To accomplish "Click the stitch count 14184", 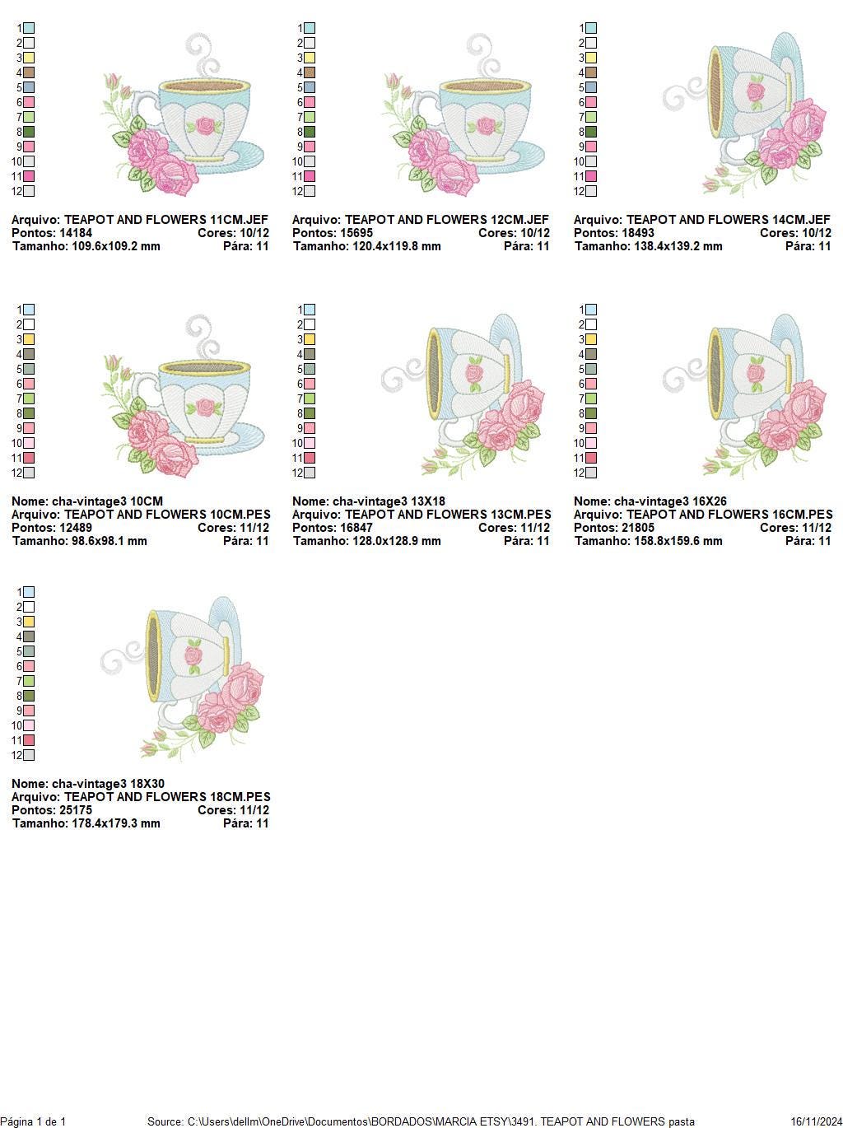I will [76, 233].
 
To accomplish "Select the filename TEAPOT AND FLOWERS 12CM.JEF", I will [446, 220].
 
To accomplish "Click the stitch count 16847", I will [356, 528].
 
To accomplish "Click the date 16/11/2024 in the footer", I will [816, 1121].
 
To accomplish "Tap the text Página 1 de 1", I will [33, 1121].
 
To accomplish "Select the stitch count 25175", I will [76, 810].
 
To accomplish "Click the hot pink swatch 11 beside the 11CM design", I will [29, 176].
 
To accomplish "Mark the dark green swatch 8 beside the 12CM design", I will [310, 132].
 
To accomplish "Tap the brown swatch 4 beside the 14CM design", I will [591, 72].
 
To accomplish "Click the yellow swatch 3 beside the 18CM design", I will [29, 622].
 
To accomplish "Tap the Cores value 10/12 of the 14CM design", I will [813, 233].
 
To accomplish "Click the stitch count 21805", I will [638, 528].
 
